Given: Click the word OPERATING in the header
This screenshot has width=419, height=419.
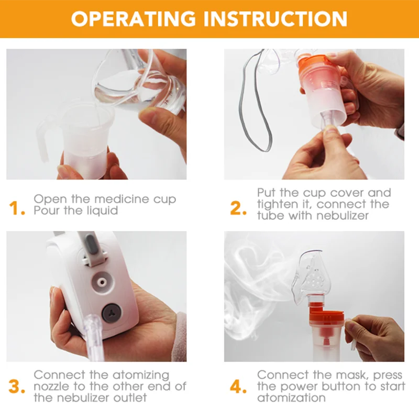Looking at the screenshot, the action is [x=134, y=18].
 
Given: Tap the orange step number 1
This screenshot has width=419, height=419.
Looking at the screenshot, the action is [x=17, y=208].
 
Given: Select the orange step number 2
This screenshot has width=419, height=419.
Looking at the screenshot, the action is [x=238, y=208].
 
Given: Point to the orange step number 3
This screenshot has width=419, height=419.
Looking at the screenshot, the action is [x=17, y=387].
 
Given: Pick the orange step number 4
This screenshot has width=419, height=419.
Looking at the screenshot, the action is [x=238, y=387].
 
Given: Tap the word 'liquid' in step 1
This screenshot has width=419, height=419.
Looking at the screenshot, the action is [x=102, y=211].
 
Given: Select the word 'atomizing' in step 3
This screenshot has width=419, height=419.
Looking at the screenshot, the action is [x=141, y=375].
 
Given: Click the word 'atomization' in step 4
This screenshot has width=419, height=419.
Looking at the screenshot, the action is [x=291, y=398].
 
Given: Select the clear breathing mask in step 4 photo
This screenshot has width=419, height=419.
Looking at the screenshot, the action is [x=310, y=277].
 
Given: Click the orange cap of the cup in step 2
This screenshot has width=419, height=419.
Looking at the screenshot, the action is [x=313, y=62].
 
